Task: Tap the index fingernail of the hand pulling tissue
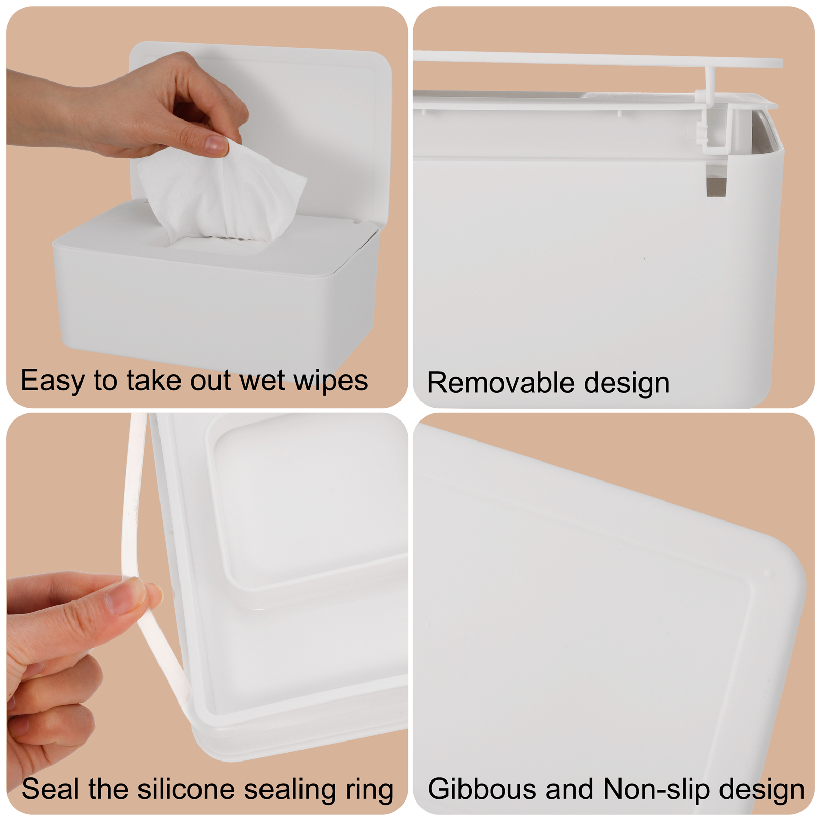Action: coord(215,145)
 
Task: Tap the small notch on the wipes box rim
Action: coord(354,222)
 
